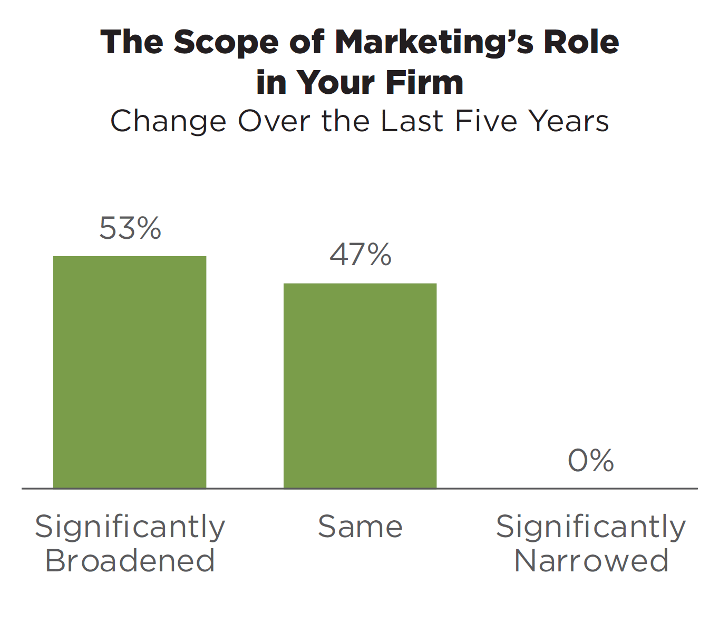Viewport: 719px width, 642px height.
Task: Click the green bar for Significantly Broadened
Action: (x=130, y=372)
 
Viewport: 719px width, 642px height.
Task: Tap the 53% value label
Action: (x=130, y=228)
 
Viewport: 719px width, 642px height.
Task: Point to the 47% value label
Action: (x=361, y=255)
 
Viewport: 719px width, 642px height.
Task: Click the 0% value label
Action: (x=591, y=460)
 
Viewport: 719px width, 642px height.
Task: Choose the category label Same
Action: (x=360, y=527)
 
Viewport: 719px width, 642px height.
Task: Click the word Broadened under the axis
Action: (x=130, y=561)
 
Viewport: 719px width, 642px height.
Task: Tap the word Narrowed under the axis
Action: (x=591, y=561)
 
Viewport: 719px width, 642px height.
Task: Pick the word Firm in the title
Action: (x=424, y=82)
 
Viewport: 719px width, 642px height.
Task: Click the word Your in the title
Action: (x=335, y=82)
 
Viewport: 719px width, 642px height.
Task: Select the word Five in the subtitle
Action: (x=486, y=121)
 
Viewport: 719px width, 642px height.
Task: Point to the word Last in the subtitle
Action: (x=412, y=121)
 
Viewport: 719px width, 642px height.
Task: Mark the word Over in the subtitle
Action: (x=274, y=121)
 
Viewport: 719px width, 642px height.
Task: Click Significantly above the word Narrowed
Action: (x=591, y=528)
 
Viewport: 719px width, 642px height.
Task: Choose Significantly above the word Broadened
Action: (x=130, y=528)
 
